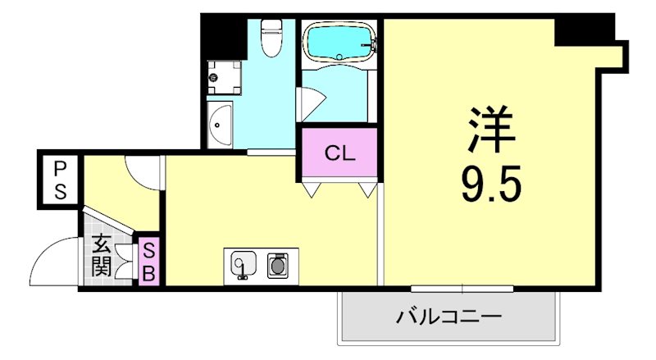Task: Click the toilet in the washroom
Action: click(x=270, y=38)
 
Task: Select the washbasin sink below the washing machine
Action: click(x=221, y=126)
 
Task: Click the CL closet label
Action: click(x=339, y=153)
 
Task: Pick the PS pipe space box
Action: click(x=61, y=181)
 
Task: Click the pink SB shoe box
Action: click(x=150, y=262)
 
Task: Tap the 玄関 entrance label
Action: click(x=102, y=255)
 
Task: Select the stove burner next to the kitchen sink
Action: click(x=278, y=263)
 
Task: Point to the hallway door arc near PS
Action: click(x=143, y=171)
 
